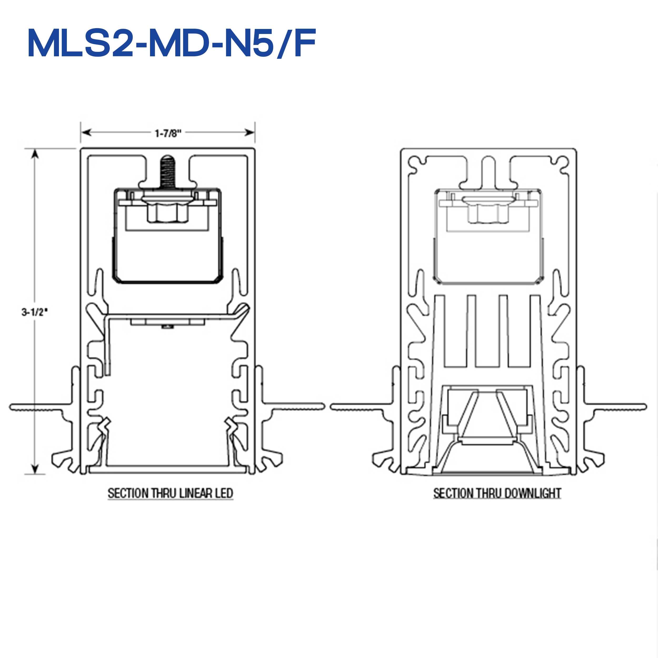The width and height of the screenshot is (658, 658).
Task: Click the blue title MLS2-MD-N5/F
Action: point(172,43)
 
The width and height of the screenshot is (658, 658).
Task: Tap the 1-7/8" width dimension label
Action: point(168,133)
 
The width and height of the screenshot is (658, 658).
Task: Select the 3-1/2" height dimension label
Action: point(35,312)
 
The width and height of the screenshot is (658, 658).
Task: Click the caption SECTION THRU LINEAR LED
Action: point(170,493)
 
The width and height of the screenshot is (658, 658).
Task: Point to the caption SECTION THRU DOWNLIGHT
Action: point(497,493)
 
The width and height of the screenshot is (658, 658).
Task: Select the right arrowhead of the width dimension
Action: point(250,132)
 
